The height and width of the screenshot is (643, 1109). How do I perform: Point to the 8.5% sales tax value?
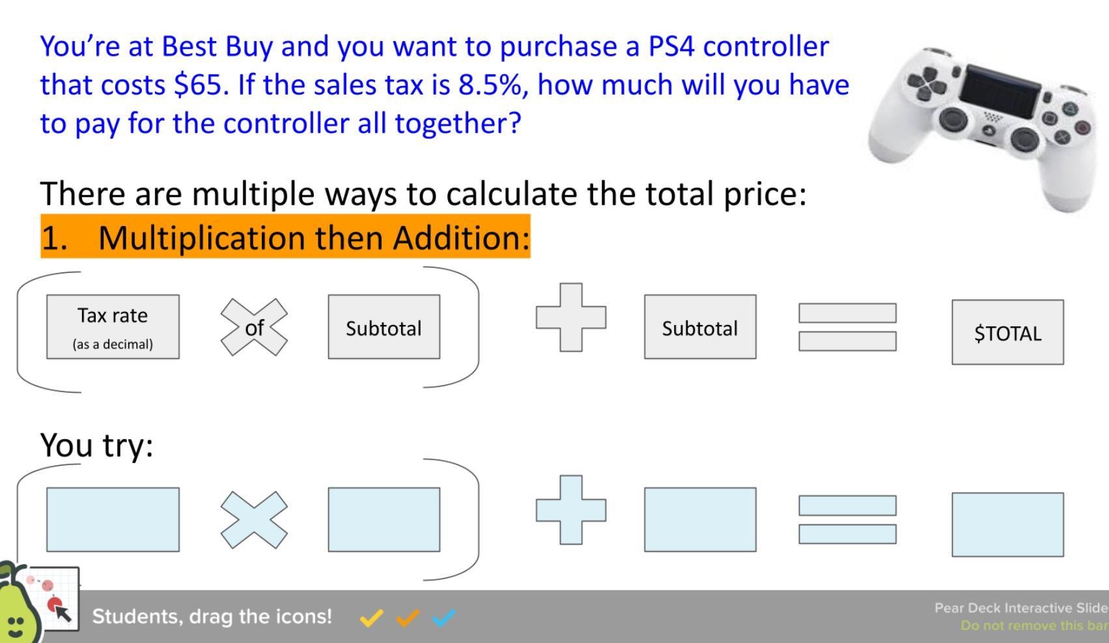490,85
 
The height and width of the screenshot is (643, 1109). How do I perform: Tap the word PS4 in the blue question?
671,46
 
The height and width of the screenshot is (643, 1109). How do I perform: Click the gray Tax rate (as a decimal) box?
113,327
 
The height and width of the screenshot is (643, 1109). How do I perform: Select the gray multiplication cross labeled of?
254,328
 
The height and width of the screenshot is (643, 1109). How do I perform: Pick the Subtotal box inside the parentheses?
384,327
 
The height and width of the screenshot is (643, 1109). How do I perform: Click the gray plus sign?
571,317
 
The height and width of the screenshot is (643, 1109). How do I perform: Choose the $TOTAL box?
1007,332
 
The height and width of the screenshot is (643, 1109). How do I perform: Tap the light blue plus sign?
571,510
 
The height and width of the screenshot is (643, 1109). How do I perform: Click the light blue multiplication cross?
254,520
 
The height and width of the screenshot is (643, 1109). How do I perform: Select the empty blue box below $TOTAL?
1007,524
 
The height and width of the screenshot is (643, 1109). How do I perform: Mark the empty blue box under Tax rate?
113,520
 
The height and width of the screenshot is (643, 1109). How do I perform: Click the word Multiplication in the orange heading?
201,238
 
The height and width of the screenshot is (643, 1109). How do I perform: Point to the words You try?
97,446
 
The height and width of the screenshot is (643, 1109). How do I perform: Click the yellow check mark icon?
371,618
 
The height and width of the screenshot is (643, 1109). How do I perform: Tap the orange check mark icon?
408,618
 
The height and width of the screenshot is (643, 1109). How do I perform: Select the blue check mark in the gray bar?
443,618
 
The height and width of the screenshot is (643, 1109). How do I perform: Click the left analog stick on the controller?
953,119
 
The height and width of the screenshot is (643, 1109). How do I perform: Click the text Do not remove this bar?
1034,625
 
